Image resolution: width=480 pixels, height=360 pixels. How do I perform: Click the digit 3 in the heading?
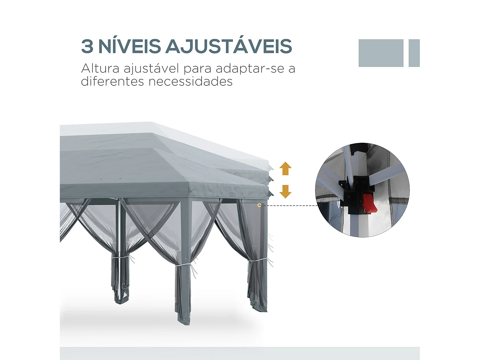[x=87, y=46]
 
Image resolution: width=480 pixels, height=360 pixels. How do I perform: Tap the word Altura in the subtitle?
[x=100, y=68]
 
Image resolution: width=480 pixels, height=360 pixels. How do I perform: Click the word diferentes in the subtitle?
[x=112, y=82]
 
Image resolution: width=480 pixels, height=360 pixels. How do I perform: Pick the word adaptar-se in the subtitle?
[x=250, y=68]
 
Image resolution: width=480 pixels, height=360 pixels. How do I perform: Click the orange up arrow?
[x=285, y=168]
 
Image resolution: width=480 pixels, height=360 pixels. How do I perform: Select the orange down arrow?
[x=285, y=191]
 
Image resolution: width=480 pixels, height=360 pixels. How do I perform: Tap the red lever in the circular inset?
[x=370, y=204]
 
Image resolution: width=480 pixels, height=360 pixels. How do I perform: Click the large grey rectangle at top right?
[x=381, y=53]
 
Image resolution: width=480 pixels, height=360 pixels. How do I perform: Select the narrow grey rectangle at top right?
[x=414, y=53]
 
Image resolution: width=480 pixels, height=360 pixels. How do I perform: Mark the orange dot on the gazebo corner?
[x=259, y=205]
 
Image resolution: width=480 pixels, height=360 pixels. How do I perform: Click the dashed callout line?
[x=288, y=205]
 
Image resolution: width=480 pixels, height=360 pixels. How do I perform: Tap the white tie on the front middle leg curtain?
[x=183, y=265]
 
